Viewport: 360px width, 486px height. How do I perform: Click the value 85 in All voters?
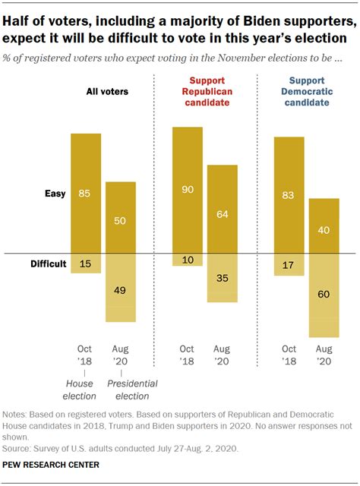(85, 194)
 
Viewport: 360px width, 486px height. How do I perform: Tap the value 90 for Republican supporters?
(187, 189)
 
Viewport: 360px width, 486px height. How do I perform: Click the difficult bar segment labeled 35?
(222, 278)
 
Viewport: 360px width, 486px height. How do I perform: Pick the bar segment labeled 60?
(323, 295)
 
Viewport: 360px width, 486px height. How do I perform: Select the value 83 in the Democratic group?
(289, 195)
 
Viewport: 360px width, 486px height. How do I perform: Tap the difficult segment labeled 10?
(187, 260)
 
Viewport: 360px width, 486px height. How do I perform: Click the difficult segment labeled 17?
(289, 265)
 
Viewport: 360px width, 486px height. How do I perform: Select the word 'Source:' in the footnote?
(19, 448)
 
